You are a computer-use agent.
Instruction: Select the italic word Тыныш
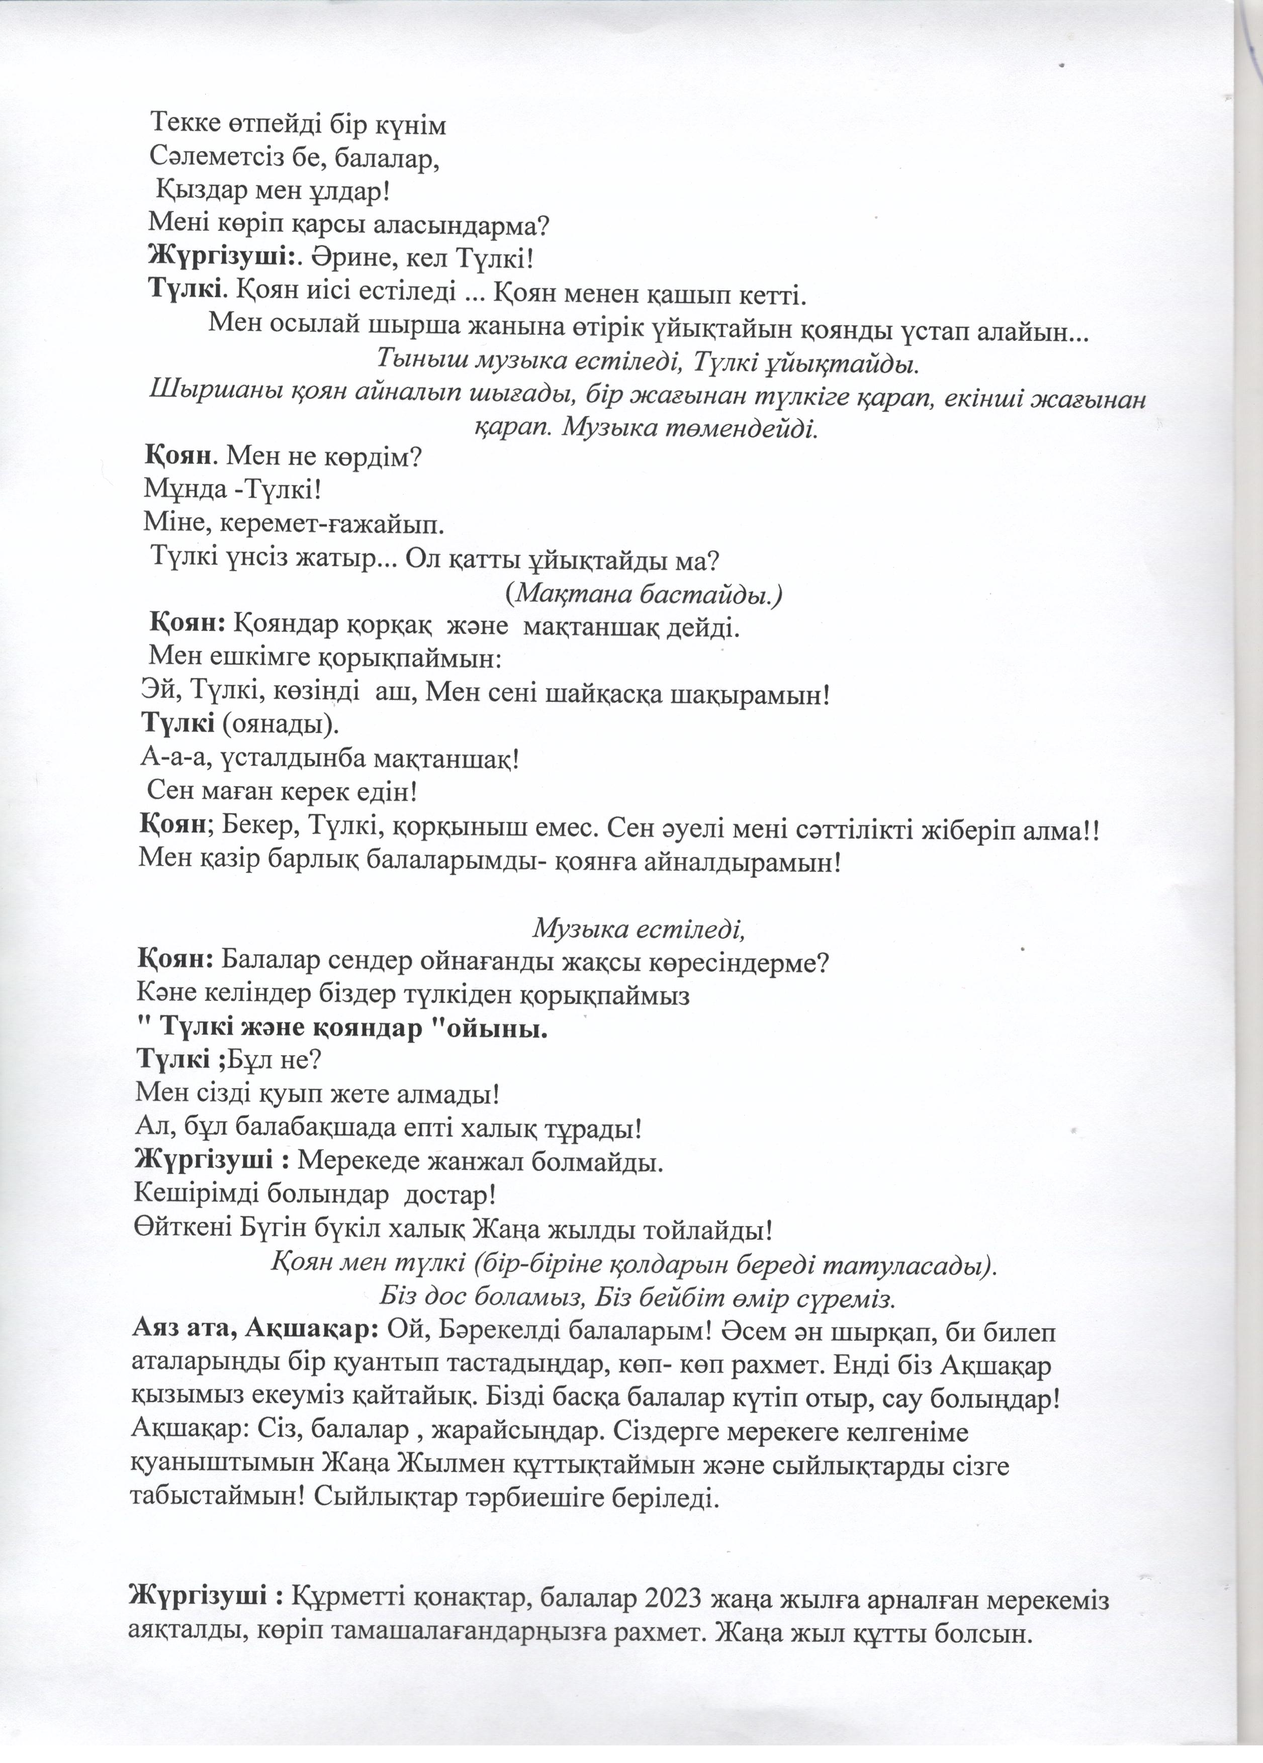[420, 361]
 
